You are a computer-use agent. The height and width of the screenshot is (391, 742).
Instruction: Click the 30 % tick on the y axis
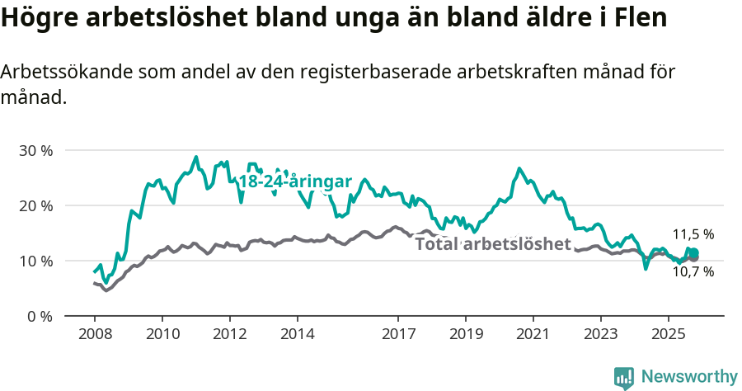35,151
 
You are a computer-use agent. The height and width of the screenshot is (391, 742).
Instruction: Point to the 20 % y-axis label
35,205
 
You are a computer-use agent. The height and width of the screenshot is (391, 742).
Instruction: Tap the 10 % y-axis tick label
35,261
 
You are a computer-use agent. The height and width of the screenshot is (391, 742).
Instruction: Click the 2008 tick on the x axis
94,336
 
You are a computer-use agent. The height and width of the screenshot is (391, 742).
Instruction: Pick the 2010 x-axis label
162,336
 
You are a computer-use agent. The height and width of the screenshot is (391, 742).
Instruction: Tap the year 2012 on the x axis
229,336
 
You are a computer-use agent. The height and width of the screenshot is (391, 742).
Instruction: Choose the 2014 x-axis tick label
297,336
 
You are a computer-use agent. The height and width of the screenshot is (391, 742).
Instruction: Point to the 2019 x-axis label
465,336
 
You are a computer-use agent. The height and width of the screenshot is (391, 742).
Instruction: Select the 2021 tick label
533,336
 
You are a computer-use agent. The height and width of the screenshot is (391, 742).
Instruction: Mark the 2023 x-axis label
600,336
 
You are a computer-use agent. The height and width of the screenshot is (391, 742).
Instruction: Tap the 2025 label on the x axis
668,336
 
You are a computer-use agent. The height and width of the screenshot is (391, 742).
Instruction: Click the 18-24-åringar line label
295,181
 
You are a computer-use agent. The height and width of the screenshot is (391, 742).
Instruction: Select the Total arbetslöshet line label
492,244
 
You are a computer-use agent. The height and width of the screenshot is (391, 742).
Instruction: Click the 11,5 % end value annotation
693,234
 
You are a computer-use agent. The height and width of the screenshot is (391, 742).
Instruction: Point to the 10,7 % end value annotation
693,271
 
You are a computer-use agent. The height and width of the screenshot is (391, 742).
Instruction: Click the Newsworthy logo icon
624,377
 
